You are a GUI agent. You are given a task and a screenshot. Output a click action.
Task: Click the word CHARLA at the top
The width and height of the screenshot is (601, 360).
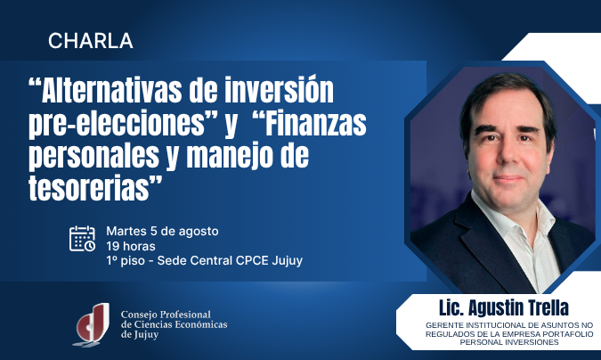[x=91, y=41]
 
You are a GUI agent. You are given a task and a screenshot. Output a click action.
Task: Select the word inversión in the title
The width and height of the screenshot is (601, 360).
[x=279, y=90]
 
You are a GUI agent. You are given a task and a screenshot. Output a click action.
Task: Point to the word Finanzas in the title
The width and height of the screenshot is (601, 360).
[x=316, y=123]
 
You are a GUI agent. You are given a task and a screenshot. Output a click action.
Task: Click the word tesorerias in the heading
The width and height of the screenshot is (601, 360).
[x=89, y=188]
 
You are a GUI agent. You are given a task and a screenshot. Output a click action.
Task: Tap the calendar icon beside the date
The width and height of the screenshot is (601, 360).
[x=83, y=239]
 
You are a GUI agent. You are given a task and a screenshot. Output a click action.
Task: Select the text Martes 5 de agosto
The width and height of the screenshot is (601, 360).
[x=163, y=232]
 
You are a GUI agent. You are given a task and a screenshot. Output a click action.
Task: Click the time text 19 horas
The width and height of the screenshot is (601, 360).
[x=131, y=246]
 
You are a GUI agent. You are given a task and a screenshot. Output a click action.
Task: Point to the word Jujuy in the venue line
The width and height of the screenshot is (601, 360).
[x=287, y=261]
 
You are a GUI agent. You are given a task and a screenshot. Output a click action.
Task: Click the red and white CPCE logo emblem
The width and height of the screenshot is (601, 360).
[x=92, y=324]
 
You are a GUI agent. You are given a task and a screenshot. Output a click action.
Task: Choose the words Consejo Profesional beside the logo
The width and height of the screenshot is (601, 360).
[x=166, y=315]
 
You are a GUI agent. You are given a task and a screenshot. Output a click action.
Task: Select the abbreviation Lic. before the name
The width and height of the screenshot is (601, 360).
[x=452, y=307]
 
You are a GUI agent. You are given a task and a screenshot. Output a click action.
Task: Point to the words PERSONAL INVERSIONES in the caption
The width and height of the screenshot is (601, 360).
[x=509, y=342]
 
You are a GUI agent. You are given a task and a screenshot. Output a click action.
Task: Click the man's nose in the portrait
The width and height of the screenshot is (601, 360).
[x=508, y=152]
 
